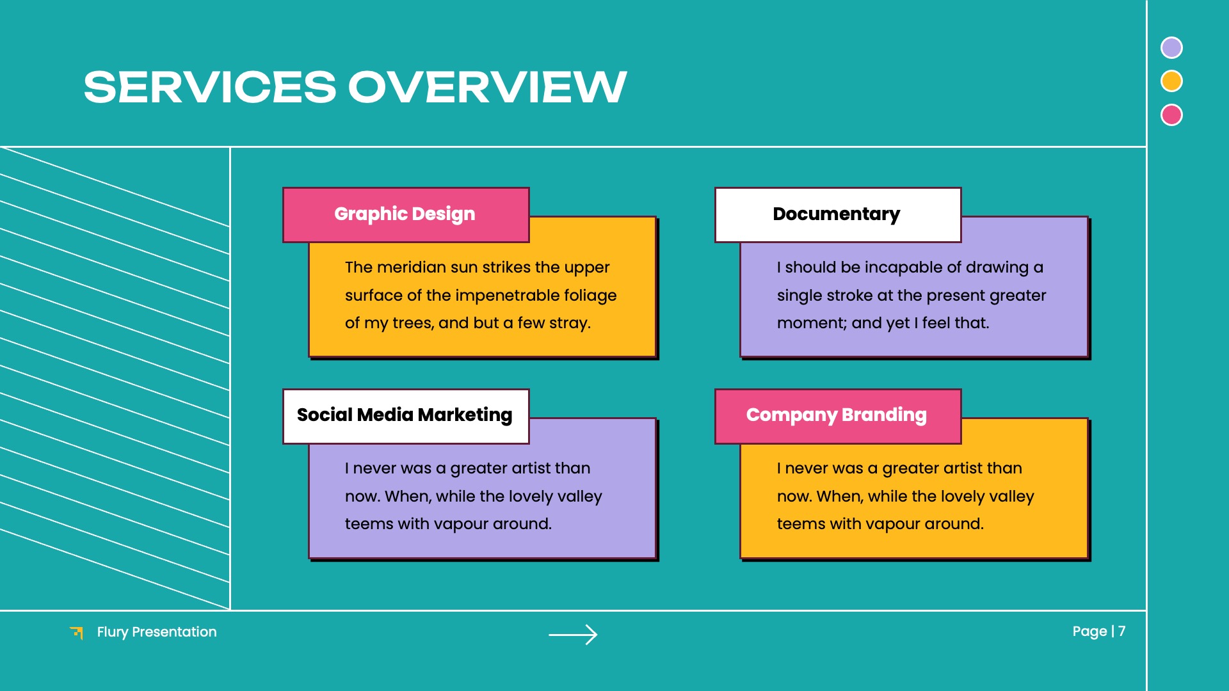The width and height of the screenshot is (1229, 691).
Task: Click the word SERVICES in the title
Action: [209, 87]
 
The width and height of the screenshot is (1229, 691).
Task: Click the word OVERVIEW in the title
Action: [487, 87]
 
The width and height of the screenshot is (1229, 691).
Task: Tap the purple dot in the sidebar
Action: [1171, 48]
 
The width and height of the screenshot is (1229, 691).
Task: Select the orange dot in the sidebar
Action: [1171, 81]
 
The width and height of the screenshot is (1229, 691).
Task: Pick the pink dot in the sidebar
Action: [1171, 115]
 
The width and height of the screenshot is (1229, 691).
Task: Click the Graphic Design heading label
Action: [405, 214]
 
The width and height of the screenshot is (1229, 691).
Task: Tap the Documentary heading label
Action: [836, 214]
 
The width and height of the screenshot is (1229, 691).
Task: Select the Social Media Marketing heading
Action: [405, 415]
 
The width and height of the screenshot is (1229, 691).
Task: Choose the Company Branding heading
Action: [836, 415]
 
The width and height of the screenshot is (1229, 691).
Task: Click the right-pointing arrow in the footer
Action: [573, 634]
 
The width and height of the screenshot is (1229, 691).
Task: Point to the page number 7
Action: [1121, 631]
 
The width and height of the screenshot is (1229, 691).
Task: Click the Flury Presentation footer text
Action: [157, 632]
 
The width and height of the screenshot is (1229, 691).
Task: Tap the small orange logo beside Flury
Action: [77, 633]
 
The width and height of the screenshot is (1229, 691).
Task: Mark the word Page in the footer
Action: [1089, 631]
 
